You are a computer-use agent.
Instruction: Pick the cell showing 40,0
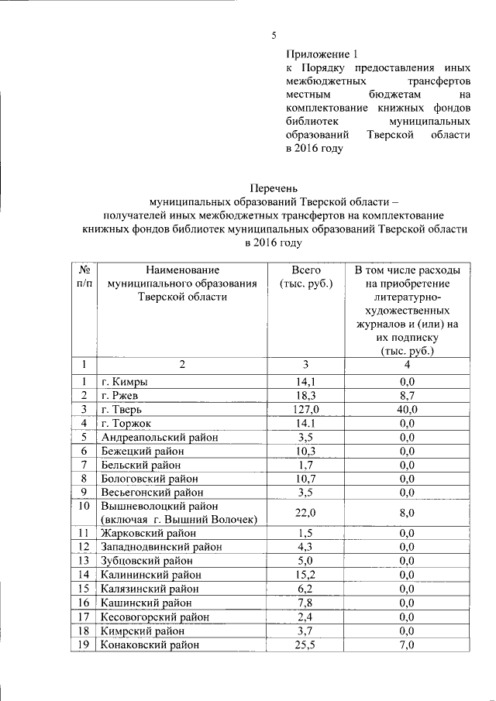click(408, 409)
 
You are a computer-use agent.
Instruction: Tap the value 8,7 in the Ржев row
click(408, 395)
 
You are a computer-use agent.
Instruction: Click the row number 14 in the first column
click(84, 575)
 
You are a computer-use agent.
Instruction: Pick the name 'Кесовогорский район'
click(155, 617)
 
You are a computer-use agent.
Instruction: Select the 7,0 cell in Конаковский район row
click(408, 644)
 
